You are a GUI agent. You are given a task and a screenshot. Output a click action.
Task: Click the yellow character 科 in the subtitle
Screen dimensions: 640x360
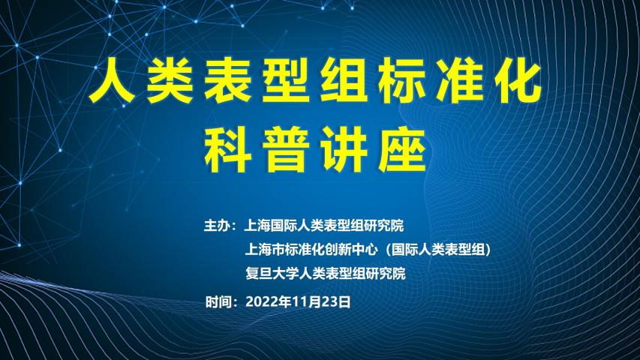[227, 150]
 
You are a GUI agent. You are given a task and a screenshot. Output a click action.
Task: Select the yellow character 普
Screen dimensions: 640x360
[285, 150]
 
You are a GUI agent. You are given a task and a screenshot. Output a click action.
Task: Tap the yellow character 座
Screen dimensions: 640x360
[402, 150]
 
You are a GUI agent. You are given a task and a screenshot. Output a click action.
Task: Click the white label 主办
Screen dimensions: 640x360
[217, 225]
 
